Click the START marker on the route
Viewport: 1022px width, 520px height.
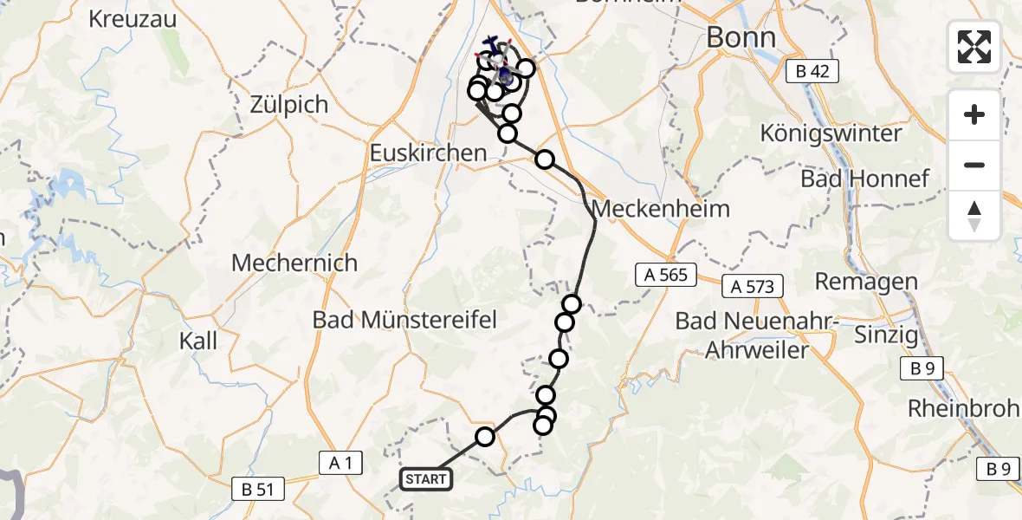pos(426,479)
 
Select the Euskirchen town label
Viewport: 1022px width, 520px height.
pos(428,153)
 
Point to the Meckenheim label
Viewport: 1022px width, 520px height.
pos(661,209)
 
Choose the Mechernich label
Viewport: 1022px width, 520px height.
pos(294,263)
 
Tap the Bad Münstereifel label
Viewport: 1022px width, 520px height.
pos(405,320)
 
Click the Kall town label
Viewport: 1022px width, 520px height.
pos(198,340)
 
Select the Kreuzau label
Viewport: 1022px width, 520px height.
pos(133,19)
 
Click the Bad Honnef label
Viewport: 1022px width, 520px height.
pos(864,179)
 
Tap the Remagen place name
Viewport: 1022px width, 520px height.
pos(866,282)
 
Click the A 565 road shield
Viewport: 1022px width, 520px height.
pos(666,276)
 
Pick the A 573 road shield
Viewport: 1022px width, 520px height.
pos(751,285)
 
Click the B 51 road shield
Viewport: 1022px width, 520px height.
pos(258,490)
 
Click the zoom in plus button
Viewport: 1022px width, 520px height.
pos(974,114)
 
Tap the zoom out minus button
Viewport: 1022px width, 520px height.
pos(974,165)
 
